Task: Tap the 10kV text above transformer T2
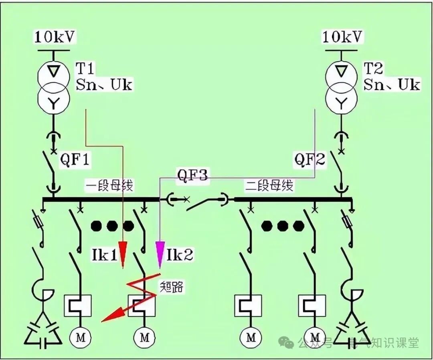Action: tap(343, 37)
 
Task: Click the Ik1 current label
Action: tap(103, 255)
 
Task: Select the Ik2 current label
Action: tap(180, 255)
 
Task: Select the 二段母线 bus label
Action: tap(269, 186)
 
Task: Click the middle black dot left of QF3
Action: tap(112, 226)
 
